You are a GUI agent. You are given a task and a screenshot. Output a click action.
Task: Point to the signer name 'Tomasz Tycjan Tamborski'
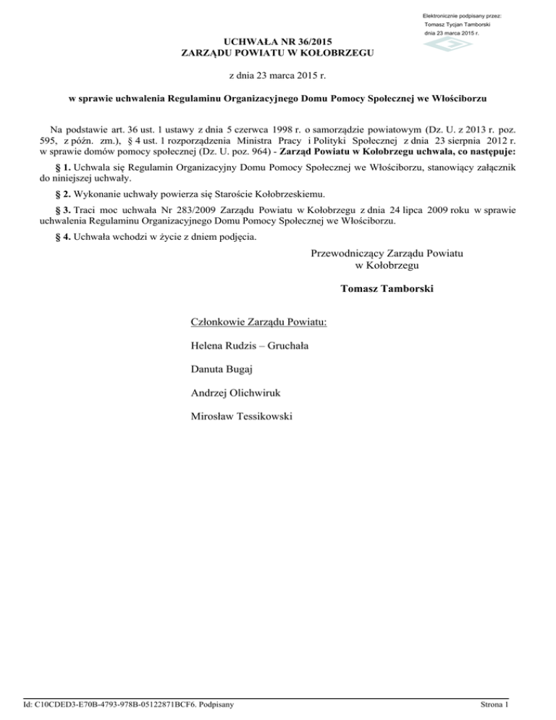458,25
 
